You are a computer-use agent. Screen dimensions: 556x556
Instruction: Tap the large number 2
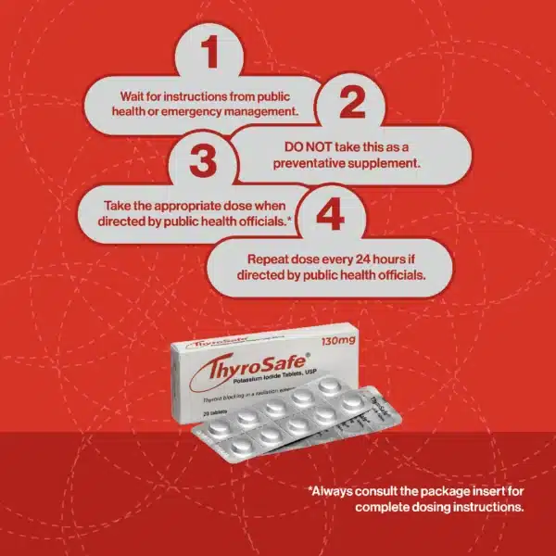[x=351, y=101]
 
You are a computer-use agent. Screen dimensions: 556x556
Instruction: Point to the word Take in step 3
[x=133, y=204]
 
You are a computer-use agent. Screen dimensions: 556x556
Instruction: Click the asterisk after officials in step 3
[x=292, y=219]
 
